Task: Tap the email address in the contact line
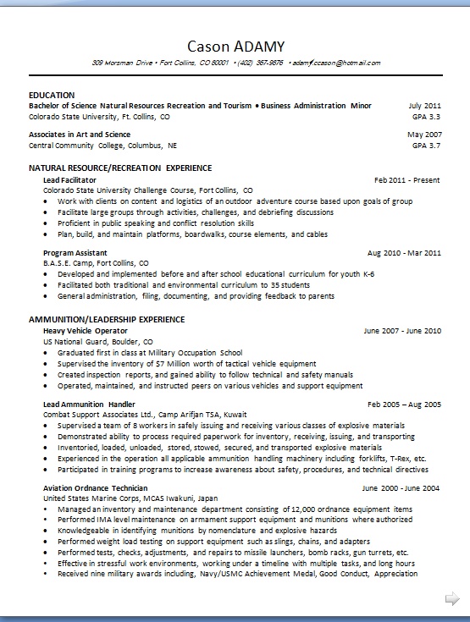pyautogui.click(x=336, y=63)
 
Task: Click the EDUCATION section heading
pyautogui.click(x=52, y=94)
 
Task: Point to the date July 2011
pyautogui.click(x=424, y=106)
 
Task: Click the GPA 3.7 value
pyautogui.click(x=426, y=146)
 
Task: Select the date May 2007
pyautogui.click(x=424, y=135)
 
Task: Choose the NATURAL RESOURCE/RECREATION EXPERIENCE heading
pyautogui.click(x=120, y=168)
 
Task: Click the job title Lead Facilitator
pyautogui.click(x=69, y=180)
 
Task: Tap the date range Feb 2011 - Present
pyautogui.click(x=407, y=180)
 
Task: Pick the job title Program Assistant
pyautogui.click(x=75, y=252)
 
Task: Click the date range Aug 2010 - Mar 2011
pyautogui.click(x=404, y=252)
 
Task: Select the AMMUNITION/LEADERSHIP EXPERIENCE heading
pyautogui.click(x=107, y=319)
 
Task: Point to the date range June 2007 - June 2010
pyautogui.click(x=402, y=330)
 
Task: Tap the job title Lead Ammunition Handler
pyautogui.click(x=89, y=405)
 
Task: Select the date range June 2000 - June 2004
pyautogui.click(x=401, y=488)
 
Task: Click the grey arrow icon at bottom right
pyautogui.click(x=451, y=599)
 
